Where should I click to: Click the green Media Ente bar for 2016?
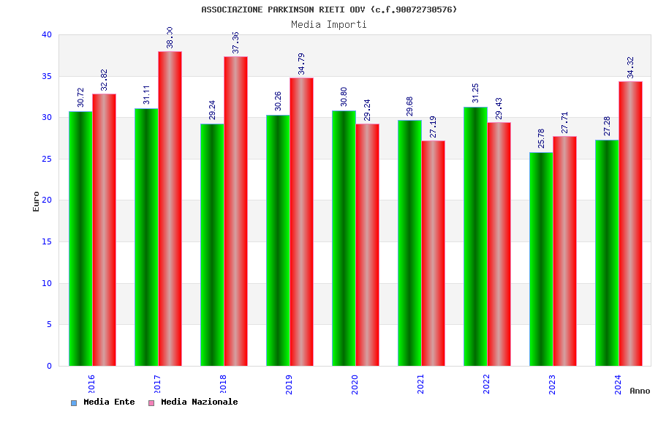[80, 239]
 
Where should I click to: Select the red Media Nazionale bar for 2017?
[170, 209]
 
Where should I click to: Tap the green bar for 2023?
[541, 259]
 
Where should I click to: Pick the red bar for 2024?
[630, 223]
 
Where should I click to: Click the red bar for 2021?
[433, 253]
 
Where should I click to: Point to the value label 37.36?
[235, 42]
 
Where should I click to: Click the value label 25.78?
[541, 138]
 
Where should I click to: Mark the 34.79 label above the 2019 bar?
[301, 64]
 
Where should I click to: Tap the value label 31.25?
[475, 93]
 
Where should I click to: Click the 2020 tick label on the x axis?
[355, 384]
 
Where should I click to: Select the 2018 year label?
[223, 384]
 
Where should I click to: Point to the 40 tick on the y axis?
[47, 34]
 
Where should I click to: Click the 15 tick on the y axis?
[47, 241]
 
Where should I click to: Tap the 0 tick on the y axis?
[49, 366]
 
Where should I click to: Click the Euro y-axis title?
[37, 201]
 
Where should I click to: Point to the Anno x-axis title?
[640, 391]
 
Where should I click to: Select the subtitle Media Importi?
[329, 24]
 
